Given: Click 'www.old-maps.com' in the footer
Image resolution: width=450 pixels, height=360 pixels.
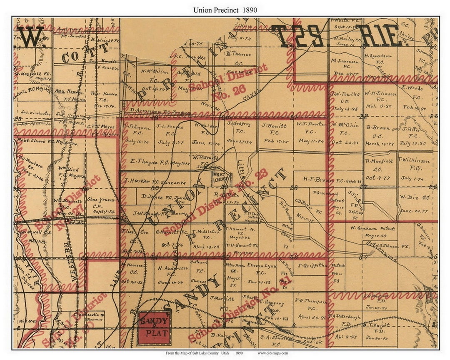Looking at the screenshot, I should coord(272,353).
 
